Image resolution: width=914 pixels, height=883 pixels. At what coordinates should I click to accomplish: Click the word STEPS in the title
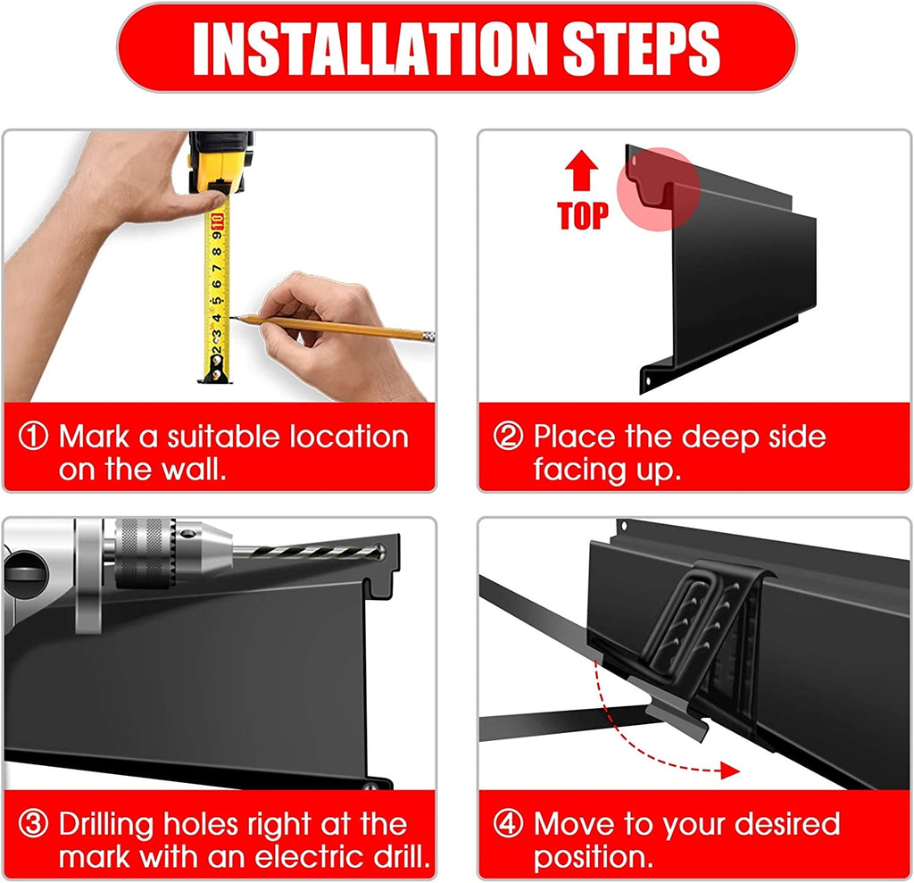click(641, 49)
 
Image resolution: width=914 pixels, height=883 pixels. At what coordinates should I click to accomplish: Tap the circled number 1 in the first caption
click(33, 437)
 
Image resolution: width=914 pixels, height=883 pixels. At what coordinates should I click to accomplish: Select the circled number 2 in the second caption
click(508, 437)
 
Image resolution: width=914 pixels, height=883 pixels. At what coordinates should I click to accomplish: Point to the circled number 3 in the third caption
click(33, 823)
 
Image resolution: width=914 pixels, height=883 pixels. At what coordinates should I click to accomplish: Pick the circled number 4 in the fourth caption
click(508, 823)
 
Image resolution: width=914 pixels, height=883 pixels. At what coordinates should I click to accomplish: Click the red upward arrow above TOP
click(581, 171)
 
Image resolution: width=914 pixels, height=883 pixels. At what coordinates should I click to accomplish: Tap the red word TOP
click(583, 216)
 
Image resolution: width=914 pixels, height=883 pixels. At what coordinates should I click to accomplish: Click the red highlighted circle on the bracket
click(659, 189)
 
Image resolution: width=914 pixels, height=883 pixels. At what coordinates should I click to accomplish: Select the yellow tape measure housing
click(220, 162)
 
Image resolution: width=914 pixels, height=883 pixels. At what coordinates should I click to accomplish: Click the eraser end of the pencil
click(428, 336)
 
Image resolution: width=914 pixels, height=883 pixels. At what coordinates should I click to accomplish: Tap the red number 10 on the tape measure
click(218, 221)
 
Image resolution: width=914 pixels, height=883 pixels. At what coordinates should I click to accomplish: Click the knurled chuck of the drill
click(145, 553)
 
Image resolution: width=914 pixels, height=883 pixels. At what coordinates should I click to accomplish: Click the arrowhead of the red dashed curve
click(730, 770)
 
